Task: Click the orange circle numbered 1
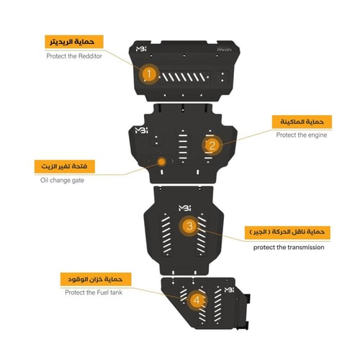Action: point(149,74)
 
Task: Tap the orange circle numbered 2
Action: point(212,145)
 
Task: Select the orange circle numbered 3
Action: point(189,226)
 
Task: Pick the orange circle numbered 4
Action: point(197,300)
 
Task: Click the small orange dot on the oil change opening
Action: point(162,162)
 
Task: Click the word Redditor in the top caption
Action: point(89,56)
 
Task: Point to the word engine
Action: point(318,135)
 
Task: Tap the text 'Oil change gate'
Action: point(62,180)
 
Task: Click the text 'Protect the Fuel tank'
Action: point(94,292)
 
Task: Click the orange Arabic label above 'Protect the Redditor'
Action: point(74,42)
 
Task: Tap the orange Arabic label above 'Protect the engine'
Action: point(302,122)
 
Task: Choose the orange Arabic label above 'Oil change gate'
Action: point(65,166)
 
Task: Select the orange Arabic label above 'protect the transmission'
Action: point(287,233)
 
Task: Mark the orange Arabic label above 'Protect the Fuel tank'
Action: point(96,279)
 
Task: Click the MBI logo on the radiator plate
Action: point(141,49)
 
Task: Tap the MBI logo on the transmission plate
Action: point(184,208)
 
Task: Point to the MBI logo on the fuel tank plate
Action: point(229,290)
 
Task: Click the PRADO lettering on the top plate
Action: point(224,50)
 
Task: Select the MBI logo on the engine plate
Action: point(141,130)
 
